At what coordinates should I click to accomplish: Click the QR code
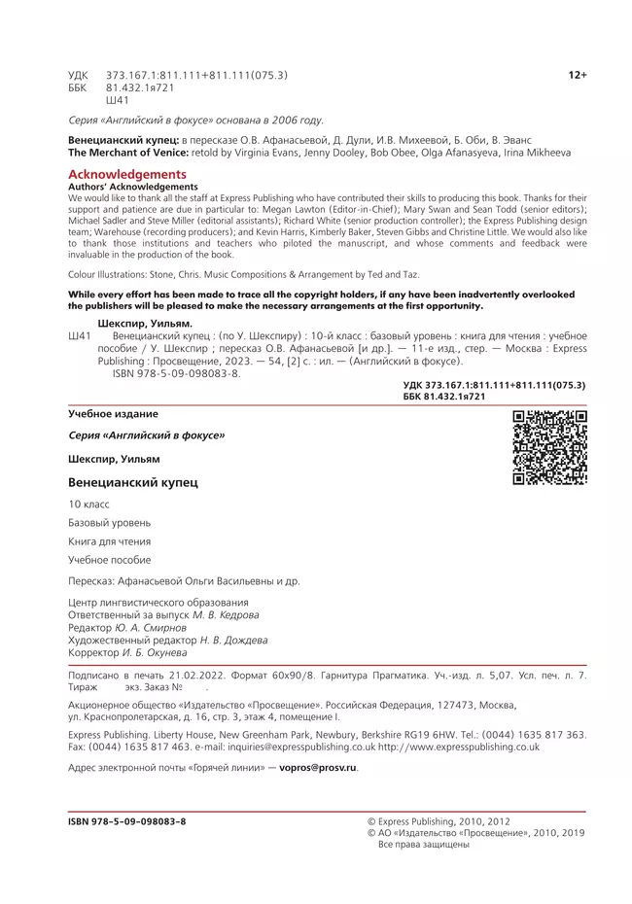tap(549, 447)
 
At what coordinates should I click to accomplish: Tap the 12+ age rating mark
tap(577, 75)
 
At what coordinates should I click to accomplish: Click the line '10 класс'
tap(88, 504)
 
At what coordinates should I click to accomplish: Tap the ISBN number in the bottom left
tap(126, 821)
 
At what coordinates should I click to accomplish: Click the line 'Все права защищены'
tap(423, 845)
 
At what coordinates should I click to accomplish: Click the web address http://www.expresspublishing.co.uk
tap(458, 747)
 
